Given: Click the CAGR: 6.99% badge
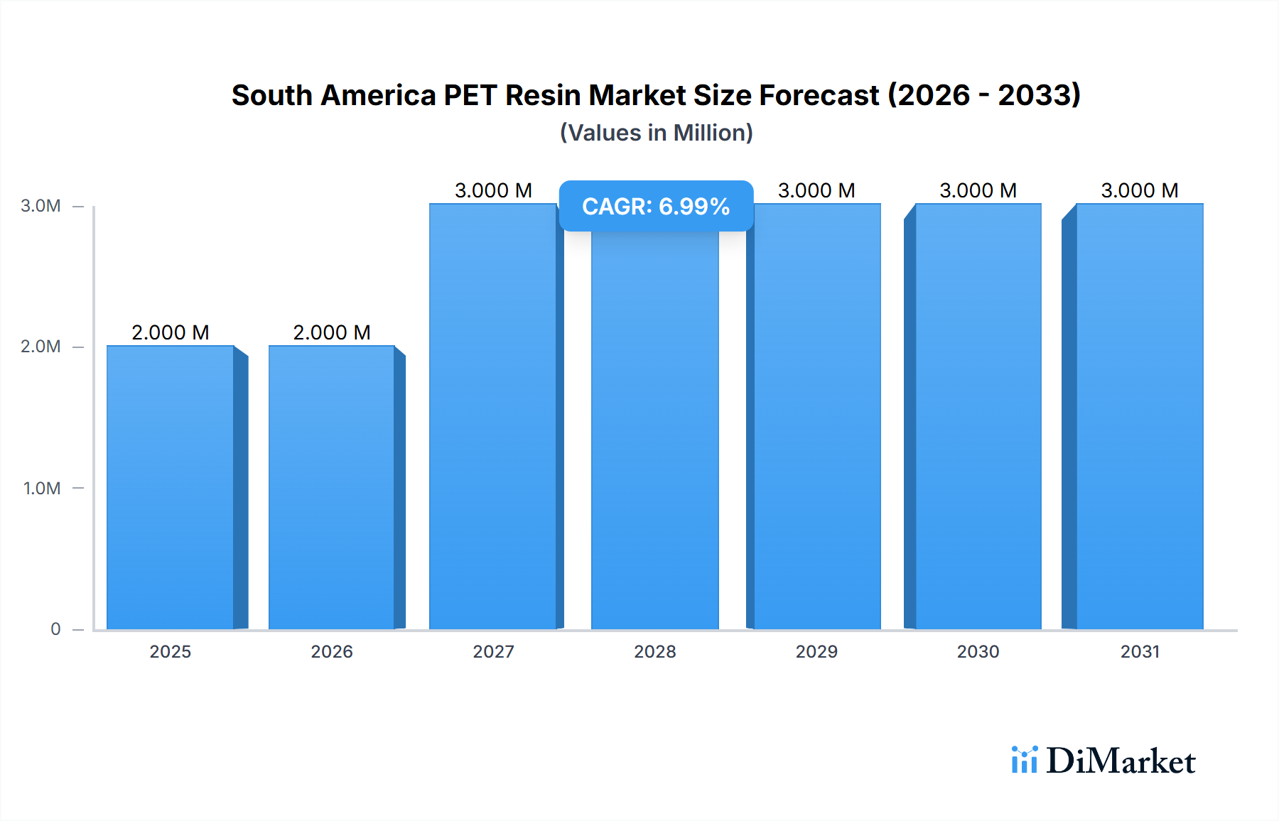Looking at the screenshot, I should tap(656, 206).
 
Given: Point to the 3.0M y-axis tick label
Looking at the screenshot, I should tap(41, 206).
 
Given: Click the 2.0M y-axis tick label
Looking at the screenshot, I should tap(41, 347).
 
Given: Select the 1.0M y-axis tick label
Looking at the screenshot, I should tap(42, 488).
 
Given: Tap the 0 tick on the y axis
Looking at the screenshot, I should tap(55, 629).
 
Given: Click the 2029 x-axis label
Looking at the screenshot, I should tap(816, 651).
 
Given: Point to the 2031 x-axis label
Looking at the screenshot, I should tap(1140, 651).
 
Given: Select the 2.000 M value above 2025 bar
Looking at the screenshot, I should tap(171, 332).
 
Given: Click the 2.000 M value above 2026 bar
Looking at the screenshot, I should tap(332, 332).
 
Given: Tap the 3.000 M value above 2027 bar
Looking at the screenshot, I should tap(493, 190).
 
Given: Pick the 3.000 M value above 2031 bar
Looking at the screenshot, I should tap(1140, 190).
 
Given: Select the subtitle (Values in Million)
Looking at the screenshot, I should tap(656, 133).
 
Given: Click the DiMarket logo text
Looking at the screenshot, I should tap(1121, 761).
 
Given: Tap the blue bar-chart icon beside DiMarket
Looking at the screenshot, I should tap(1024, 760).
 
